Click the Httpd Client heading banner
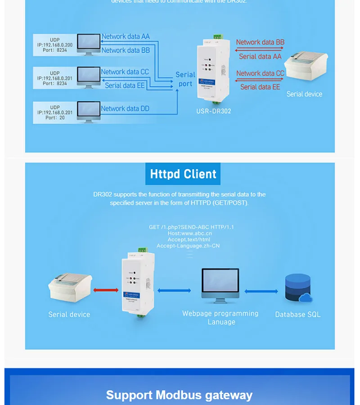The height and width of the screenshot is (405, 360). [183, 174]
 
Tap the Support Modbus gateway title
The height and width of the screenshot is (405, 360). [179, 395]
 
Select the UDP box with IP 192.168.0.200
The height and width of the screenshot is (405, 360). [54, 45]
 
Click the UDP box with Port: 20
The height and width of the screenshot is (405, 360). [54, 112]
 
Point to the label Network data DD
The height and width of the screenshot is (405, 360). [125, 108]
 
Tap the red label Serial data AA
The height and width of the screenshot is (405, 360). [260, 56]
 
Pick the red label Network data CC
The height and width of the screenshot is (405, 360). [260, 73]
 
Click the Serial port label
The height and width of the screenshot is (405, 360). [185, 79]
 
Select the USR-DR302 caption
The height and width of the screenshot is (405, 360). [214, 111]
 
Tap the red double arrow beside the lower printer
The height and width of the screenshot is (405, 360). [106, 290]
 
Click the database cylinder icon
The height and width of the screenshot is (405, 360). [298, 288]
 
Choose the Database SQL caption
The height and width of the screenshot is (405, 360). [298, 315]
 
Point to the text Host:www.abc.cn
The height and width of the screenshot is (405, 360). [189, 234]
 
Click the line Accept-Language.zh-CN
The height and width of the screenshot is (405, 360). [188, 246]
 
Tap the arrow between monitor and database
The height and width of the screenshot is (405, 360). [261, 291]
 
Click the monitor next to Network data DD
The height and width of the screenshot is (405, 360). [89, 111]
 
